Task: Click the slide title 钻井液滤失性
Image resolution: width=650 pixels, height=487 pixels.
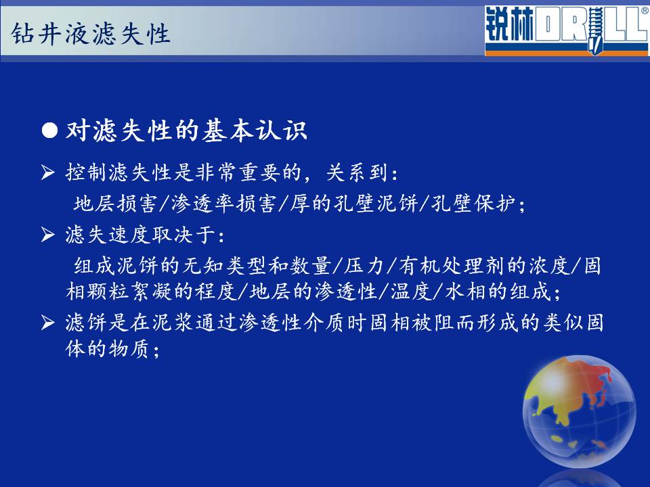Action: (x=91, y=33)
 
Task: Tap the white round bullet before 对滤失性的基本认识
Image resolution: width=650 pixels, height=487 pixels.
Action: (x=49, y=131)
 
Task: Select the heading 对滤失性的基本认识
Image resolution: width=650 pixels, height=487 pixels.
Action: (x=186, y=131)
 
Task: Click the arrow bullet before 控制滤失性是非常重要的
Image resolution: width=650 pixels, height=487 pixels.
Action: (x=48, y=172)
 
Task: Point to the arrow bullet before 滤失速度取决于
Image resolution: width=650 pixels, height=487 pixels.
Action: (x=48, y=235)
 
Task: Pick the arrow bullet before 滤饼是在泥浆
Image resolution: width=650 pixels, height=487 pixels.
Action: (x=48, y=322)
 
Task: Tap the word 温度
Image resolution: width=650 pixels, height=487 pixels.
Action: (x=411, y=291)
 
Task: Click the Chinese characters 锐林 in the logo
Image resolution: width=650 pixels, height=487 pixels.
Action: (x=509, y=25)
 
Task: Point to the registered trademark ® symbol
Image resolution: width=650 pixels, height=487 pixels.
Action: (x=645, y=11)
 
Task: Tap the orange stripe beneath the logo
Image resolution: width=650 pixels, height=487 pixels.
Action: (x=566, y=53)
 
